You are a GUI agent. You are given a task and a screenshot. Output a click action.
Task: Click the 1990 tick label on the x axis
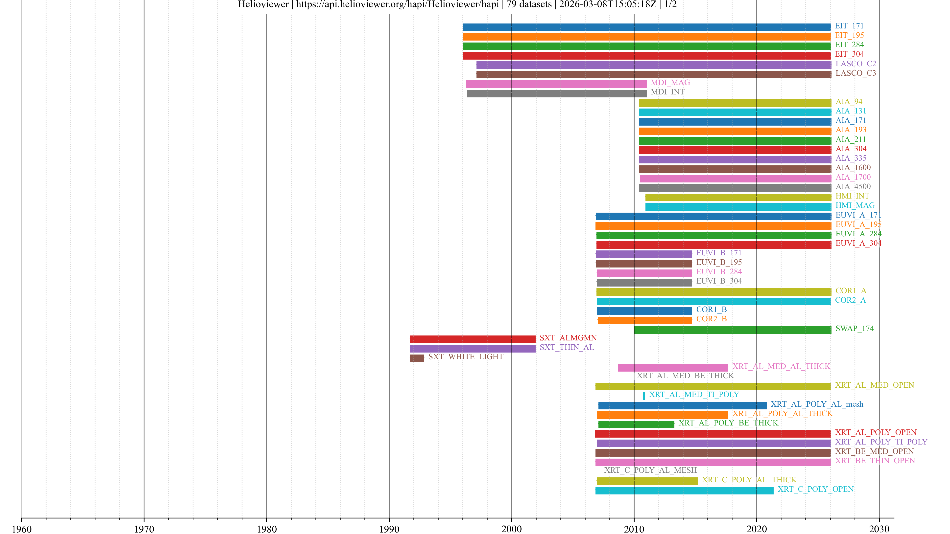click(389, 529)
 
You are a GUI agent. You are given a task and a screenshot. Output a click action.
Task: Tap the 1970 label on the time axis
click(144, 529)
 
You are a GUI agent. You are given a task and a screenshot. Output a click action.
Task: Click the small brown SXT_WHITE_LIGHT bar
click(417, 358)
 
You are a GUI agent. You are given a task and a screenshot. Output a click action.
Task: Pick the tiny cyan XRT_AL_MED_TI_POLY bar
click(644, 396)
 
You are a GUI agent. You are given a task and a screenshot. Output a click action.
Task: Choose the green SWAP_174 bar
click(732, 330)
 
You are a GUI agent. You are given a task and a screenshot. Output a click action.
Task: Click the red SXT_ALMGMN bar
click(473, 339)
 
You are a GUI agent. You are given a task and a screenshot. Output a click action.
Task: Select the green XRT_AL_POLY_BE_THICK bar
click(636, 424)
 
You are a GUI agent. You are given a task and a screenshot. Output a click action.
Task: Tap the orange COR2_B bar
click(645, 320)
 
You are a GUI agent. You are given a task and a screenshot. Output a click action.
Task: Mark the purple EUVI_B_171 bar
click(643, 254)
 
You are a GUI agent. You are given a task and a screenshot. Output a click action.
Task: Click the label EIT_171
click(849, 26)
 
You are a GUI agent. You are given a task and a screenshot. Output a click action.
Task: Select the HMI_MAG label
click(855, 205)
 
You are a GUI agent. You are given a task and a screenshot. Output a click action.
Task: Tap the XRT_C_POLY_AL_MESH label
click(650, 470)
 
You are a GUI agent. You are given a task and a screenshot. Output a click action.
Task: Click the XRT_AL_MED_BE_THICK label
click(685, 376)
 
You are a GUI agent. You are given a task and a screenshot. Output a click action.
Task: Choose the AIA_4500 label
click(853, 186)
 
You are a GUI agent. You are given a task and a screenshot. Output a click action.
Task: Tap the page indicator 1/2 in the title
click(670, 4)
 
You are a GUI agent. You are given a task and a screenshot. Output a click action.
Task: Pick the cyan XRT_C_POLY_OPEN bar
click(684, 490)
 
